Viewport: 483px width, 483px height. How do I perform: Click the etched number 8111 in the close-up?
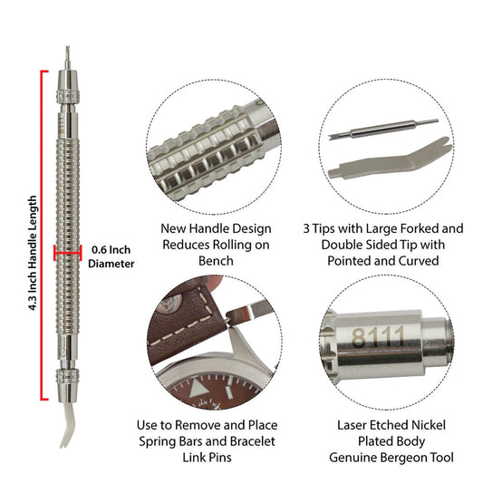click(x=377, y=337)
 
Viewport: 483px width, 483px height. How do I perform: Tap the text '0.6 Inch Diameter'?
click(x=111, y=256)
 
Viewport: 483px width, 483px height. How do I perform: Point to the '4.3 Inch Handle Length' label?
click(x=33, y=253)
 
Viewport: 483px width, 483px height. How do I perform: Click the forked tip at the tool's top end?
click(x=67, y=58)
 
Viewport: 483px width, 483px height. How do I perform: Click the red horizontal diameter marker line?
click(x=67, y=253)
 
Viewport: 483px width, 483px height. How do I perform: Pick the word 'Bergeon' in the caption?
click(x=402, y=458)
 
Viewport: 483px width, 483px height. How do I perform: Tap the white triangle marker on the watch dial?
click(x=197, y=388)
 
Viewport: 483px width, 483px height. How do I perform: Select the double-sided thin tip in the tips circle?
click(x=383, y=128)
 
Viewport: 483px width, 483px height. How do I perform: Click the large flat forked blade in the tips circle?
click(x=390, y=159)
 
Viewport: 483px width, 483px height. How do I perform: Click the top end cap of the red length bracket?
click(x=44, y=72)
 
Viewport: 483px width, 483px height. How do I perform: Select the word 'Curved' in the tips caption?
click(x=419, y=261)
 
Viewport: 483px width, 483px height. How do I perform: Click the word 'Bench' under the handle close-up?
click(x=216, y=261)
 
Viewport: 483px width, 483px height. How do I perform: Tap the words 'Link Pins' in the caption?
click(x=207, y=458)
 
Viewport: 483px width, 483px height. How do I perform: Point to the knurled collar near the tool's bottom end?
click(x=68, y=376)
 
